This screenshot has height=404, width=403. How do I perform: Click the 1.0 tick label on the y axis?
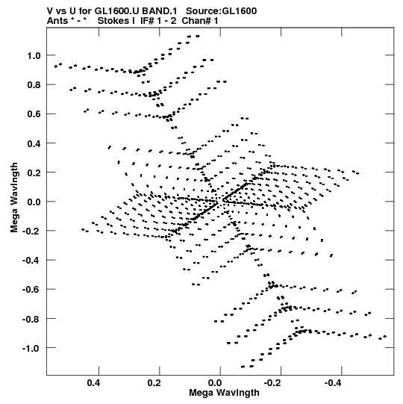[x=34, y=55]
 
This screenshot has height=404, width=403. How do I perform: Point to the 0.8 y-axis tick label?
[x=34, y=85]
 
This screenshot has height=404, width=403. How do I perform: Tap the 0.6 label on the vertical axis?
[x=34, y=114]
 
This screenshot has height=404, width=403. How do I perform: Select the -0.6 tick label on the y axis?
[x=31, y=290]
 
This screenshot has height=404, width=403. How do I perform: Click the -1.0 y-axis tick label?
[x=31, y=348]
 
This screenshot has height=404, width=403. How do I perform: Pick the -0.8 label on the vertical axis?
[x=31, y=319]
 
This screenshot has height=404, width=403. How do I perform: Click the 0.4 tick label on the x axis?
[x=93, y=383]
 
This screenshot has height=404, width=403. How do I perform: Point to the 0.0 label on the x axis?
[x=215, y=383]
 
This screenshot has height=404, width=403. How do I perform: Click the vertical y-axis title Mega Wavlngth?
[x=14, y=198]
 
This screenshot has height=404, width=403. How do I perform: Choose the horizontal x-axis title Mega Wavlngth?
[x=224, y=393]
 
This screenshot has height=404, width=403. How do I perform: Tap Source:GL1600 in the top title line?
[x=221, y=11]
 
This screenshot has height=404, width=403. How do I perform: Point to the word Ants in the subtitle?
[x=57, y=21]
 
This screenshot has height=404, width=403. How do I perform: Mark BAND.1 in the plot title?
[x=160, y=11]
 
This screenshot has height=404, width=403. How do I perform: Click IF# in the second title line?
[x=147, y=21]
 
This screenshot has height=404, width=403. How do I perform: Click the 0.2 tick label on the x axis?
[x=154, y=383]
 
